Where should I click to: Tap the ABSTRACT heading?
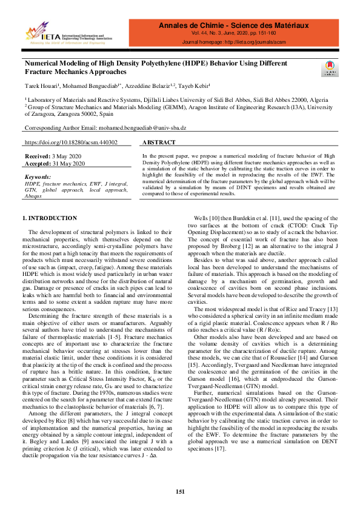pyautogui.click(x=159, y=143)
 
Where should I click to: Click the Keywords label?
pyautogui.click(x=38, y=176)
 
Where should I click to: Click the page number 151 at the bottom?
pyautogui.click(x=180, y=491)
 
